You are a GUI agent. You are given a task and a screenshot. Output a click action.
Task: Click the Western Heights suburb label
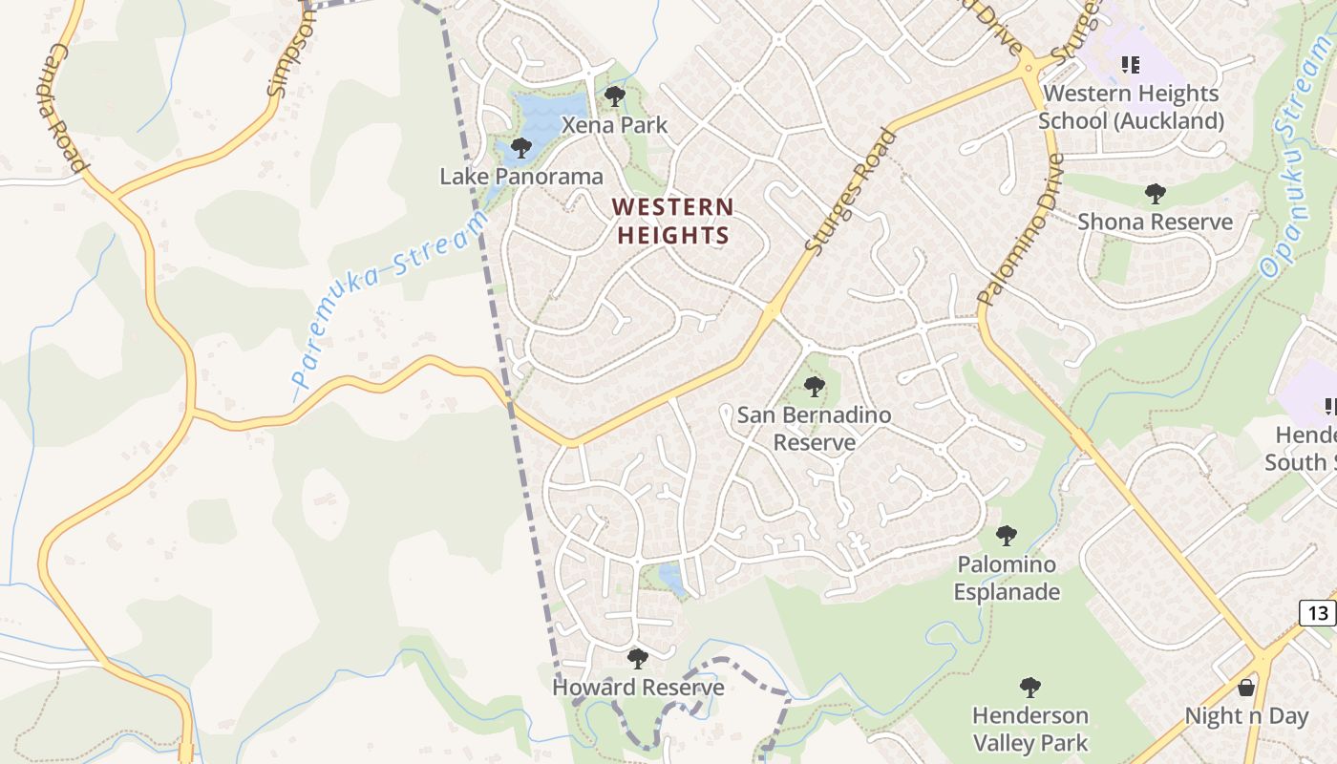coord(672,221)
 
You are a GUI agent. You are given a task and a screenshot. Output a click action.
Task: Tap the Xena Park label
coord(615,125)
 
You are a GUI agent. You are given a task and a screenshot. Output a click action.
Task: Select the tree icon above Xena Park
coord(615,95)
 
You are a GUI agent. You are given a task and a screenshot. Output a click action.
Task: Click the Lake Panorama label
coord(521,177)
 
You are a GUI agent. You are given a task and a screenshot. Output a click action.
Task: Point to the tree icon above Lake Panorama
coord(521,147)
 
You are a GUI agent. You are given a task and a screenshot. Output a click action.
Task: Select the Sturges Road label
coord(852,191)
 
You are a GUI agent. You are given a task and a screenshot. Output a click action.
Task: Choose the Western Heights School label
coord(1131,107)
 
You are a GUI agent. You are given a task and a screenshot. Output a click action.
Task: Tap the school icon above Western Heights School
coord(1131,65)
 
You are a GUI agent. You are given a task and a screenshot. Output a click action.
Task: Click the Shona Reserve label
coord(1155,222)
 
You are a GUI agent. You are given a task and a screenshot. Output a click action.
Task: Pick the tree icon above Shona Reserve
coord(1155,194)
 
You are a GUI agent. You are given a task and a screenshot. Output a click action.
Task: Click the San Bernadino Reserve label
coord(814,429)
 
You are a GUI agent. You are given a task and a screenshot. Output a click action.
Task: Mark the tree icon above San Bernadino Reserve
coord(815,386)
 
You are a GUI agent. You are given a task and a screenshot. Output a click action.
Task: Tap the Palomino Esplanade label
coord(1007,578)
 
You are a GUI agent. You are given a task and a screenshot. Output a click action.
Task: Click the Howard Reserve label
coord(638,688)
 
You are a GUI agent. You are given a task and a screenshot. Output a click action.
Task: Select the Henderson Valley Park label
coord(1029,729)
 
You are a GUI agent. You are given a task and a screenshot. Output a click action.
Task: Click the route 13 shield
coord(1318,613)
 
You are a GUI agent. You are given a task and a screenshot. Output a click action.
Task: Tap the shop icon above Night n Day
coord(1246,687)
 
